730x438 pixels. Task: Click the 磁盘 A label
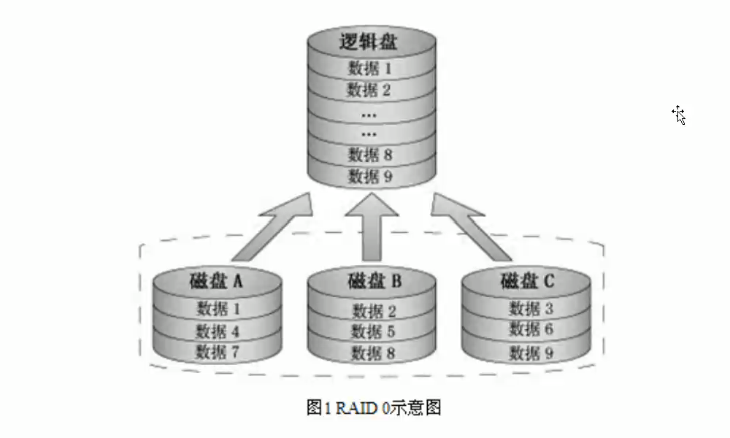216,281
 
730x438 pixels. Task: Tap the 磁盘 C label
528,281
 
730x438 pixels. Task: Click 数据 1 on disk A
218,309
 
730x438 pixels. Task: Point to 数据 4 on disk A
218,331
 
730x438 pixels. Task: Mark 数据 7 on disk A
218,352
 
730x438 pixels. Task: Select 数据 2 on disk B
373,310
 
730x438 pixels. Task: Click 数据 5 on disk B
373,331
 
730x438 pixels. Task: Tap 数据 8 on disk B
373,353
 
